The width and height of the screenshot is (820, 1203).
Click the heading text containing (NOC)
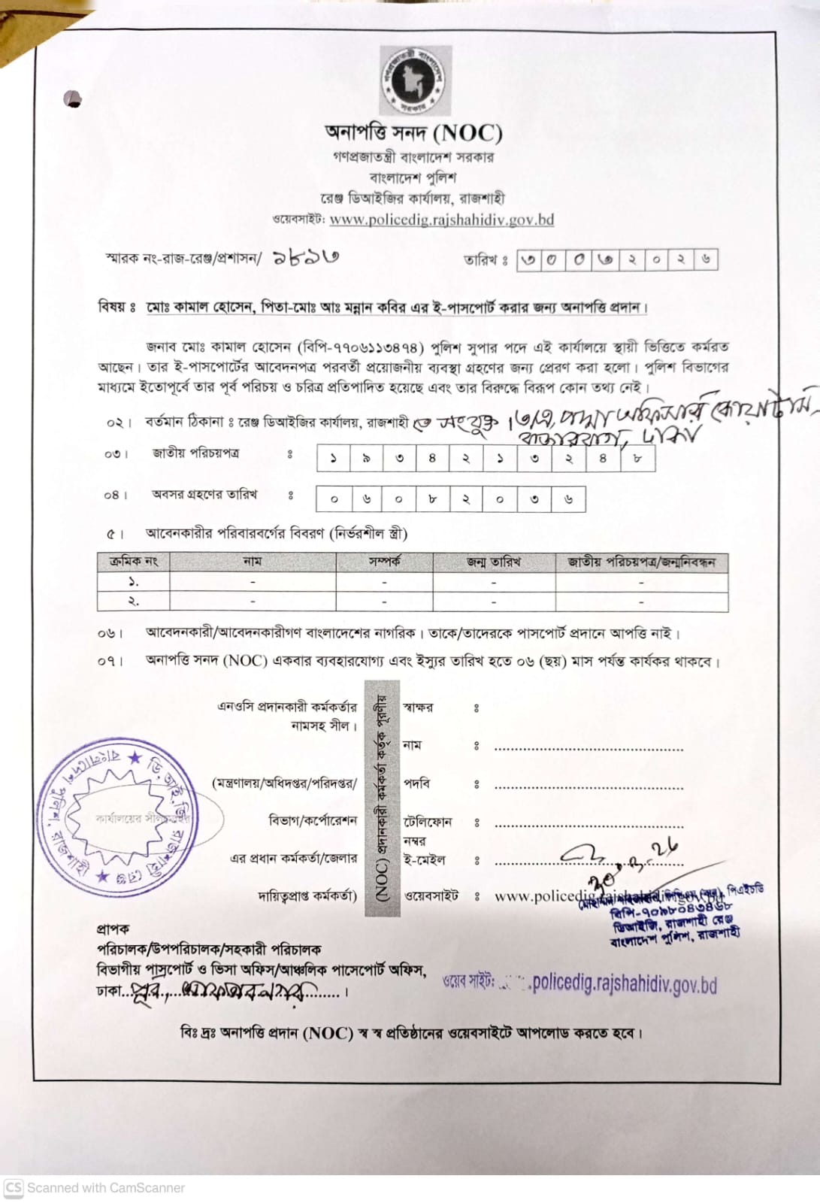414,133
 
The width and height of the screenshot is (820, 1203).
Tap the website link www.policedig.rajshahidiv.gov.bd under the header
441,220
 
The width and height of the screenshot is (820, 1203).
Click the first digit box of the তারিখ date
529,259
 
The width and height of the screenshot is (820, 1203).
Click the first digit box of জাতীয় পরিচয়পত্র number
334,458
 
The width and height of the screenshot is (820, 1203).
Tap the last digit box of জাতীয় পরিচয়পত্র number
637,458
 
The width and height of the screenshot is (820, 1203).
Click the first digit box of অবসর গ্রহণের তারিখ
334,498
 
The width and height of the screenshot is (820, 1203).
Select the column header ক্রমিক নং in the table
133,562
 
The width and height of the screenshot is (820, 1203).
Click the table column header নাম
253,562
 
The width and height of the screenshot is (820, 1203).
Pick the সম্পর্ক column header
384,562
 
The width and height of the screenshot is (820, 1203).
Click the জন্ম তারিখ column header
494,562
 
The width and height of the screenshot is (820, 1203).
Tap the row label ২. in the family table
133,601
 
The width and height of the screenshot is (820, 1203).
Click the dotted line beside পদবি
589,787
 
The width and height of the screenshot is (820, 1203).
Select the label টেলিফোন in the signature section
428,822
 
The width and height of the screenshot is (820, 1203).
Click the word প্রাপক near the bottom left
113,929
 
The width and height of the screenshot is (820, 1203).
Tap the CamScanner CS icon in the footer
13,1188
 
